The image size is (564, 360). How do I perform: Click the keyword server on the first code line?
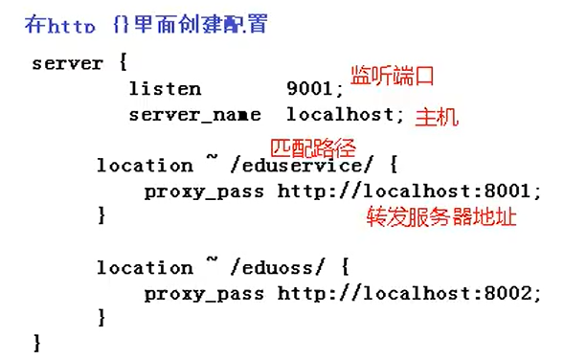(66, 64)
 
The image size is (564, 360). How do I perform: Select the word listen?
(165, 89)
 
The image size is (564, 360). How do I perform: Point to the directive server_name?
(194, 115)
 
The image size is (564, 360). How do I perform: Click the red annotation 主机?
(437, 118)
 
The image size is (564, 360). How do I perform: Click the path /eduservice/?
(299, 166)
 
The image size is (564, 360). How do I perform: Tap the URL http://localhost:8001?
(410, 191)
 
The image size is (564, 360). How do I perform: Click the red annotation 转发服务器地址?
(441, 217)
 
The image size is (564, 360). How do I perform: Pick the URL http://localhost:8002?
(410, 293)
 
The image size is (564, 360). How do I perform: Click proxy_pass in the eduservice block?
(206, 191)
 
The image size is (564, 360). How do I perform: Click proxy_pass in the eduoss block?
(206, 294)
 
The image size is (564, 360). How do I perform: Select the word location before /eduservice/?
(144, 166)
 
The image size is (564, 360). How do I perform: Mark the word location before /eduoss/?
(144, 268)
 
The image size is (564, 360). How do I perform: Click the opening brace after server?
(122, 64)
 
